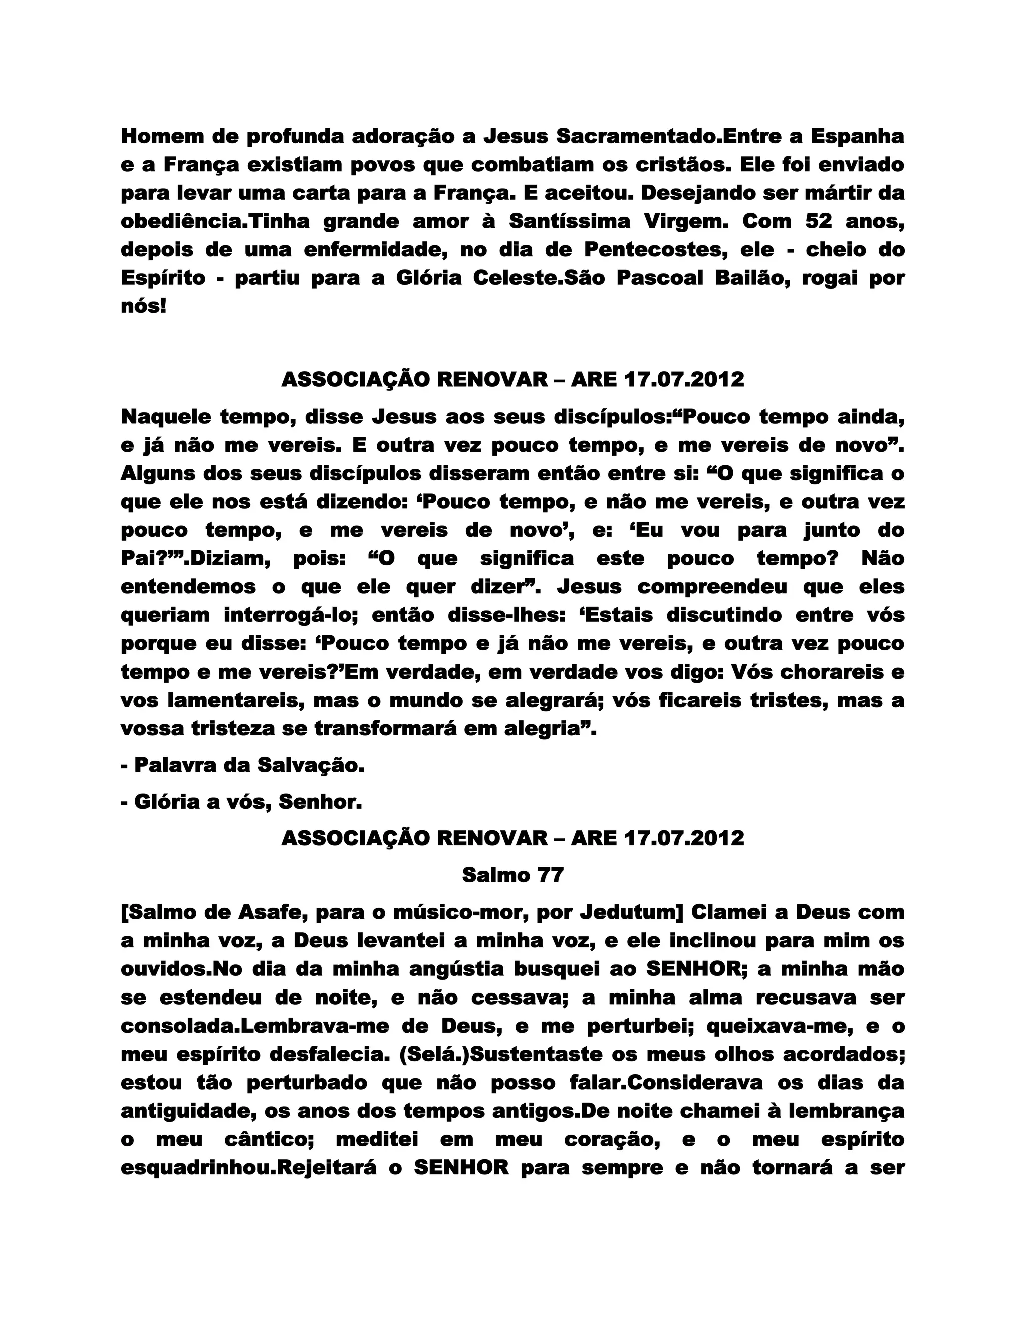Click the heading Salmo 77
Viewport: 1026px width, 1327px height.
pos(512,875)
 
